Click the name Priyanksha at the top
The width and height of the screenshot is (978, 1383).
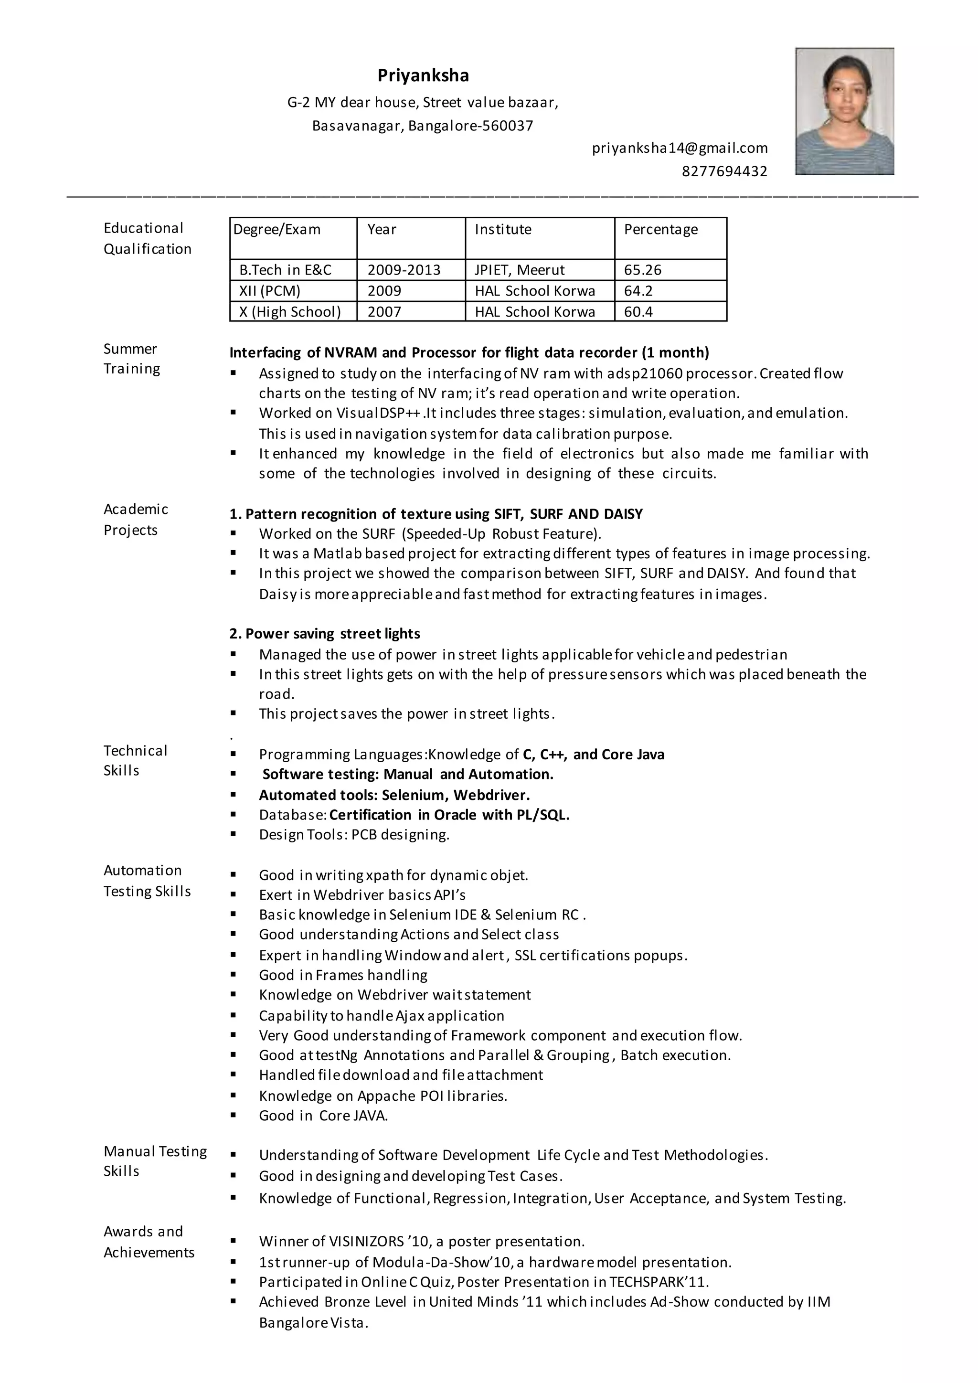[x=423, y=75]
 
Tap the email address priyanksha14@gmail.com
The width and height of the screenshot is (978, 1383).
[x=680, y=148]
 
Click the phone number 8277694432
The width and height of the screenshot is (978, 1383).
[x=724, y=171]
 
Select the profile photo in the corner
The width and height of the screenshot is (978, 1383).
[x=844, y=111]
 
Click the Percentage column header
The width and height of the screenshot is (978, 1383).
[x=660, y=230]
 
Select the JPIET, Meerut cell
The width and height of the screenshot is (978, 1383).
[x=519, y=270]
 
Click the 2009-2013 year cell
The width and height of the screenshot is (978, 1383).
[x=404, y=270]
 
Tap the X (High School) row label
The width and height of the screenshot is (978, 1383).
[x=290, y=311]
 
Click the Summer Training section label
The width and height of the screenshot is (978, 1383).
[x=131, y=358]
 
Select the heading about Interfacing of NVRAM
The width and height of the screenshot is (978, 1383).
[x=468, y=352]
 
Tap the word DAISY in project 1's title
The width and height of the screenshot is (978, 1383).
[x=622, y=514]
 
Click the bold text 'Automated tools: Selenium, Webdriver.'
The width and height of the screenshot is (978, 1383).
[x=394, y=795]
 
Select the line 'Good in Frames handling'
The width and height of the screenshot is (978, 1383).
[x=343, y=975]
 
